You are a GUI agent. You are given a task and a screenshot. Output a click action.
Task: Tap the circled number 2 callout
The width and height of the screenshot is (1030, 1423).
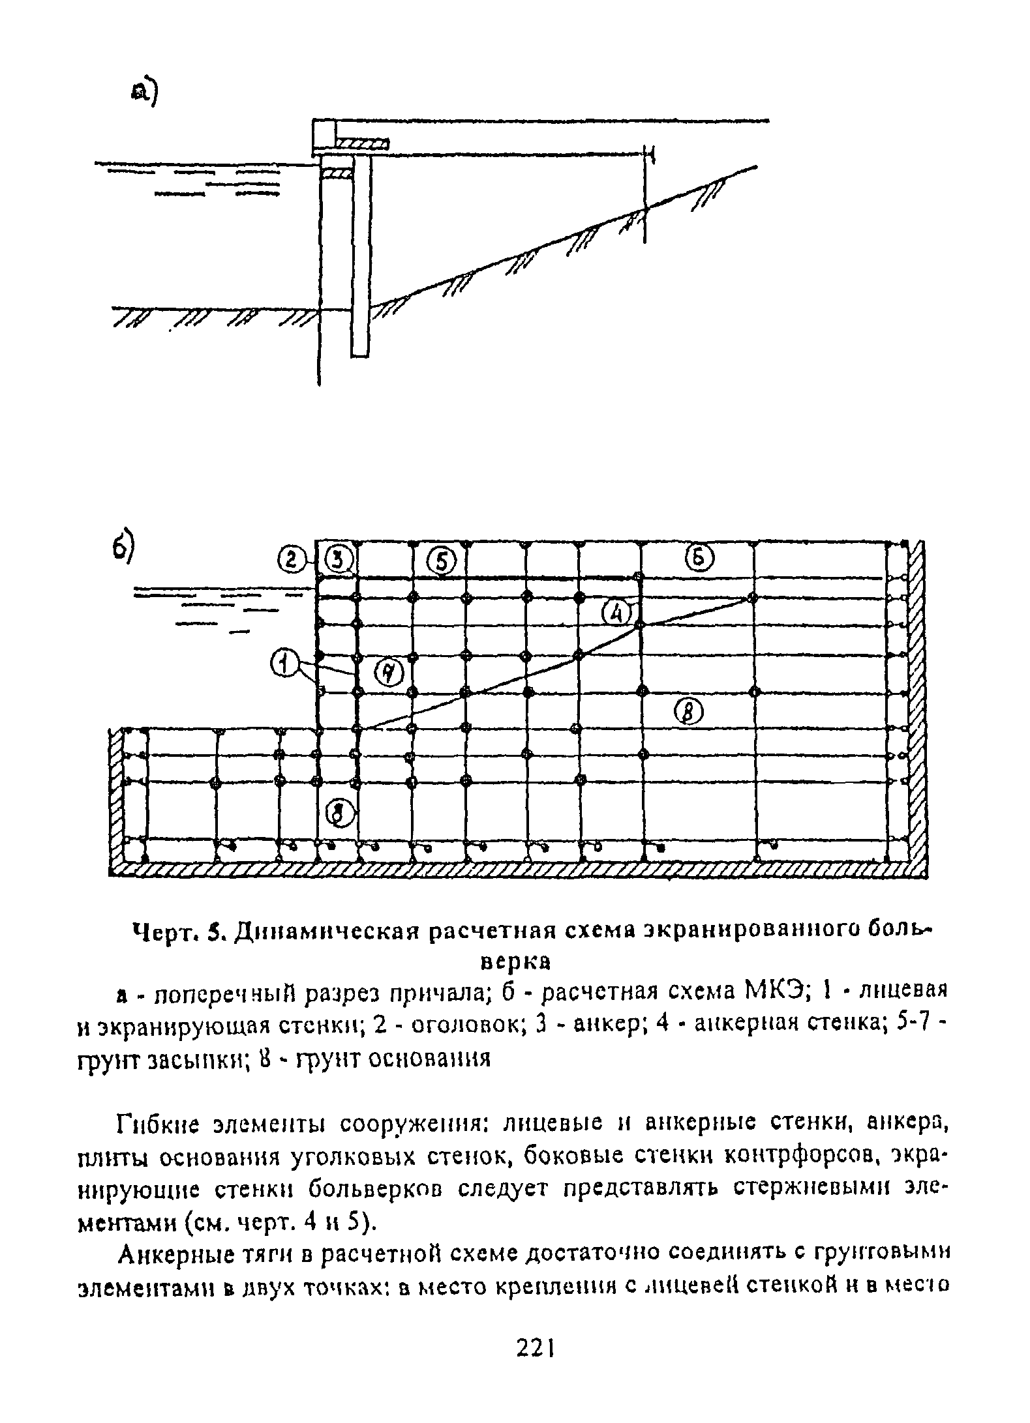(x=288, y=559)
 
